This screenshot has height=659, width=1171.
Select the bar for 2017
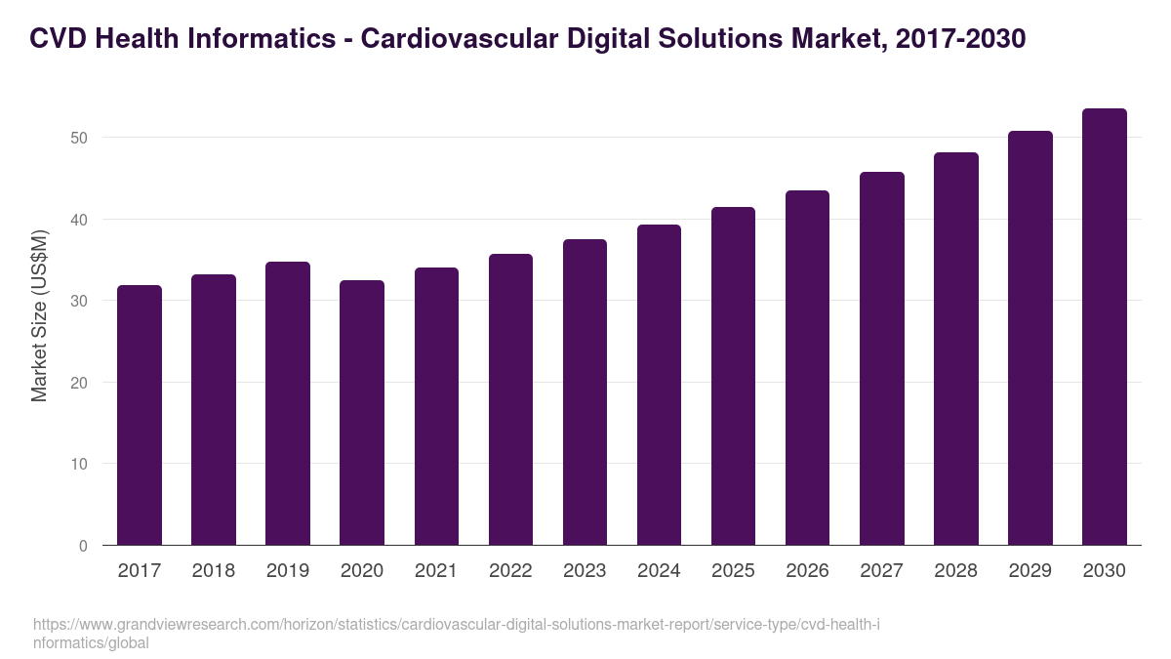[x=140, y=415]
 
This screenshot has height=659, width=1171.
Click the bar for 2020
[x=362, y=412]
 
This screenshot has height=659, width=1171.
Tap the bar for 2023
[x=585, y=391]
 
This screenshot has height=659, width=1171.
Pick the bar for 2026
[x=807, y=367]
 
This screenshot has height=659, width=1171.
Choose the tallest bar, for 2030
[x=1104, y=326]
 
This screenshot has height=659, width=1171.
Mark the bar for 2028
[x=955, y=349]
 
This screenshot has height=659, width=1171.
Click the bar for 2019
[x=288, y=403]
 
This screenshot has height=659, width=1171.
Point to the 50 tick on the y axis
[x=79, y=138]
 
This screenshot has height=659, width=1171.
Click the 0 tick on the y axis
[x=83, y=546]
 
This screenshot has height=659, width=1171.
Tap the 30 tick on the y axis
[x=79, y=301]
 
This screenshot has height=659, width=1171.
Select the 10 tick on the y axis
[x=79, y=464]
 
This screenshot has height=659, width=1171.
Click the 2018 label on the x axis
[x=214, y=571]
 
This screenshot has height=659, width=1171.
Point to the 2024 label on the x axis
[x=659, y=571]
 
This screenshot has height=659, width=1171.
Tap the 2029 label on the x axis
[x=1030, y=571]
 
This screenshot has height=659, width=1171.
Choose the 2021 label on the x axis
[x=436, y=571]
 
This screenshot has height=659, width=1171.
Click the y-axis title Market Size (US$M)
[x=39, y=314]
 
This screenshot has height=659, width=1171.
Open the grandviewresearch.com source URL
[x=456, y=634]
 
